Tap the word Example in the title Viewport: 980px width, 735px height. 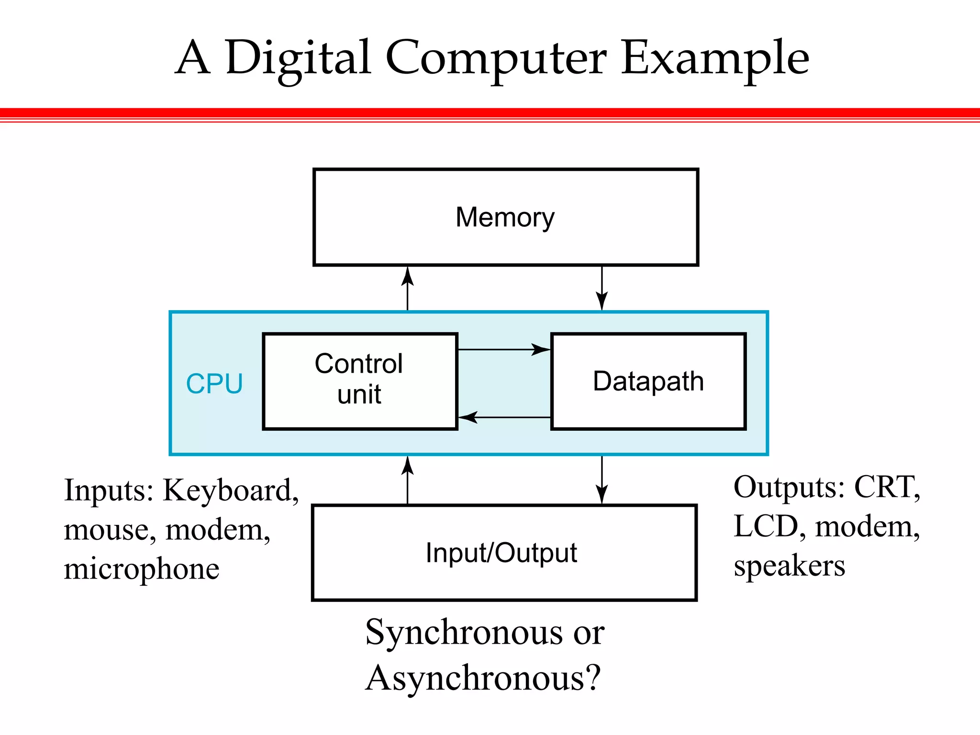715,58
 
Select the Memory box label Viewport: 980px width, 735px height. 505,217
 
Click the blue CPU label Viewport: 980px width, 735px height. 214,384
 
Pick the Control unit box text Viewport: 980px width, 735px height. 359,379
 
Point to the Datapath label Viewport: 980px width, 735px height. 648,381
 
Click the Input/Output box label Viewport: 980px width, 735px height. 501,553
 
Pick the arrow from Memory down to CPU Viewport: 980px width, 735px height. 602,289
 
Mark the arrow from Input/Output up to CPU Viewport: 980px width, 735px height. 407,480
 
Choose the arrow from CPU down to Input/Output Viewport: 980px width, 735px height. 602,480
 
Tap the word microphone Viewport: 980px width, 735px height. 142,569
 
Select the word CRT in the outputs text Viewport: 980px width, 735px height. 887,487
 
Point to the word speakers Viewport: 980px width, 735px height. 790,567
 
